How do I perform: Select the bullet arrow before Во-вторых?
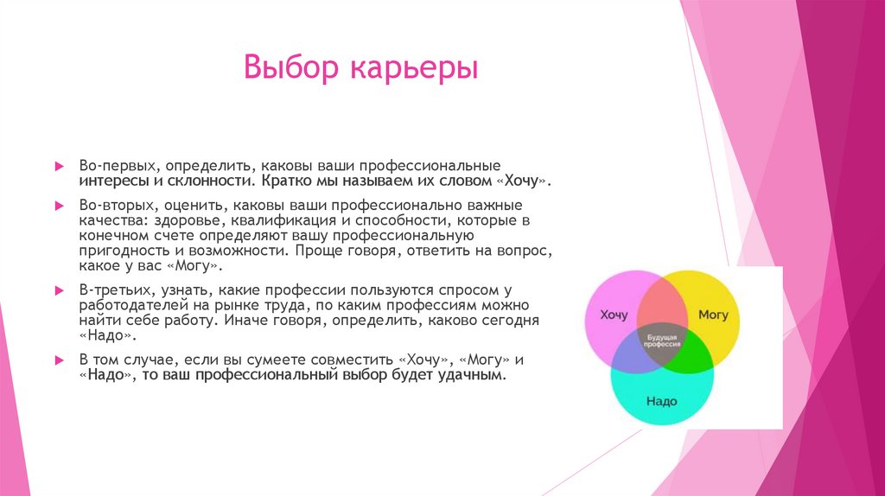click(59, 207)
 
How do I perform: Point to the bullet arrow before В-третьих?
click(59, 289)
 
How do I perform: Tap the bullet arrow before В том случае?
click(59, 359)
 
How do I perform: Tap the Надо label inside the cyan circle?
click(661, 401)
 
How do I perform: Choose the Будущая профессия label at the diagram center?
click(661, 339)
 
